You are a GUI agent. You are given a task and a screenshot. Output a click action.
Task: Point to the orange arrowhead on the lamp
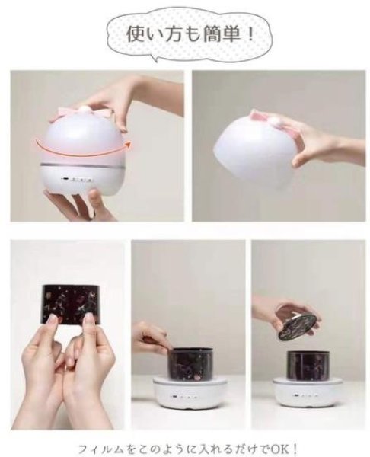126,143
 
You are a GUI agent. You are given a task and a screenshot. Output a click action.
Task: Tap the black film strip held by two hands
72,304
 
